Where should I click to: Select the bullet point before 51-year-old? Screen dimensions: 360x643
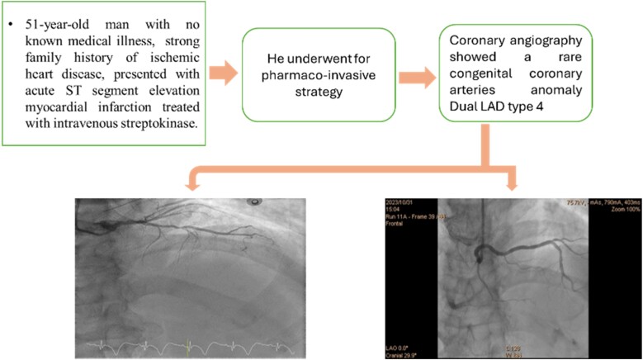pos(12,18)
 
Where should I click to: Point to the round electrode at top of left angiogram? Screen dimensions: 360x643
pos(256,201)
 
